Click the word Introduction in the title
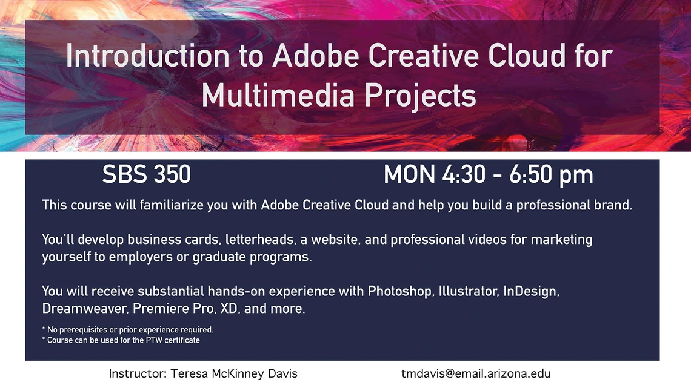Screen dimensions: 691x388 click(147, 56)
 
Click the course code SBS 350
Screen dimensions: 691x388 click(146, 174)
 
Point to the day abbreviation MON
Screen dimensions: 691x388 click(409, 174)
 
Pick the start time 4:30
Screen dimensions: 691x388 click(464, 174)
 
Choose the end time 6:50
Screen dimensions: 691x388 click(530, 174)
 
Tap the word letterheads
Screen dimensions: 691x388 click(259, 239)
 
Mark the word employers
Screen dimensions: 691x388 click(141, 257)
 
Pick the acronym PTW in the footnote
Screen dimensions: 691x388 click(154, 340)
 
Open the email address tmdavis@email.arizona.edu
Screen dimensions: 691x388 click(476, 374)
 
